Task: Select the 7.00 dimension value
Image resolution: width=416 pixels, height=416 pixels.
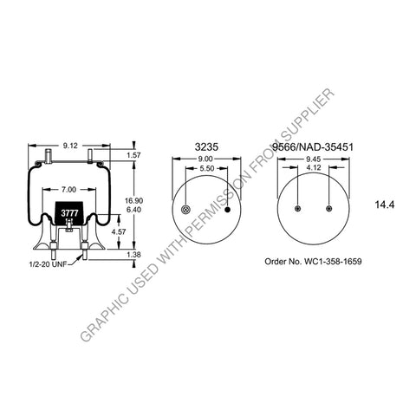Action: (x=67, y=188)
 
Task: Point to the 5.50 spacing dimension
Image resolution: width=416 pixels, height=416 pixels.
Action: (x=208, y=170)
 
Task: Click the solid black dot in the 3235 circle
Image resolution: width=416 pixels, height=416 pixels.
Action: (x=228, y=210)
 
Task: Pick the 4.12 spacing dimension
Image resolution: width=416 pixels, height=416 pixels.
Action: (x=313, y=170)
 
